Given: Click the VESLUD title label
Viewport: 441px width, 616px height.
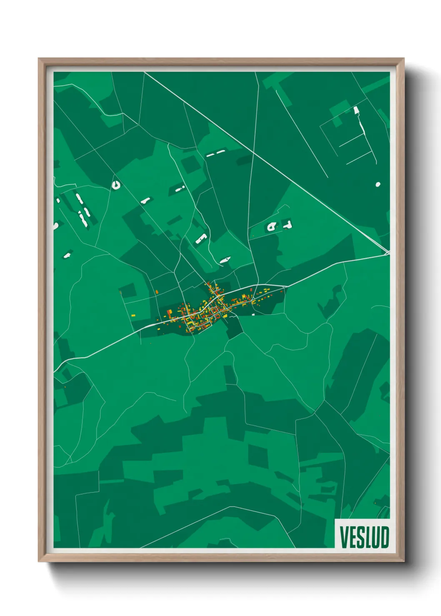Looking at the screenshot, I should (x=364, y=537).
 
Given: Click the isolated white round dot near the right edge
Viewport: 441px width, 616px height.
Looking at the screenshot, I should (x=378, y=184).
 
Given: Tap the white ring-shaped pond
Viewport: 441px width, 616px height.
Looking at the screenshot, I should (x=116, y=184).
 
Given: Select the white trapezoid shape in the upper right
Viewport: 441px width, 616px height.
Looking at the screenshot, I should (x=356, y=110).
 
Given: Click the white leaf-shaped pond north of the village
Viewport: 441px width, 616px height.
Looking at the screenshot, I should (x=225, y=260).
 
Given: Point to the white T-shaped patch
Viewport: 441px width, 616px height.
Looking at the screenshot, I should (x=287, y=225).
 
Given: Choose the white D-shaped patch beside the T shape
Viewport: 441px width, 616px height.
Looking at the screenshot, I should (x=272, y=226).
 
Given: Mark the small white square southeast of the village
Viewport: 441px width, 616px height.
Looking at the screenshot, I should (x=253, y=315).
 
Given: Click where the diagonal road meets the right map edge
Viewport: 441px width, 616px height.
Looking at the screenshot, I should (x=388, y=252).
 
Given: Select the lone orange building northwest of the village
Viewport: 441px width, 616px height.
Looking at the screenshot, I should (x=156, y=292).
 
